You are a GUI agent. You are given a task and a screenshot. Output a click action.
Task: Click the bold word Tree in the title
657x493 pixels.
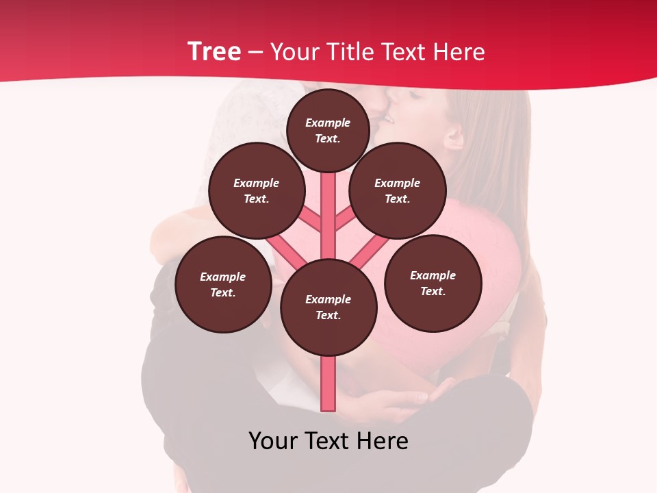tap(214, 51)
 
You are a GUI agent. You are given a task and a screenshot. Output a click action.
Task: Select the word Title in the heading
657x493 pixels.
tap(351, 52)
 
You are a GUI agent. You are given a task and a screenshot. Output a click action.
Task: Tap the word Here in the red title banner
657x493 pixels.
tap(460, 52)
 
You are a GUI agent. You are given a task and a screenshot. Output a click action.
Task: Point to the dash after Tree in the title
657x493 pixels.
tap(255, 53)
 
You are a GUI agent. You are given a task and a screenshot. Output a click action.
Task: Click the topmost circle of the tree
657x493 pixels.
tap(328, 130)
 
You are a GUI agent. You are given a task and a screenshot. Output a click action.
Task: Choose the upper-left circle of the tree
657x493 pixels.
tap(256, 190)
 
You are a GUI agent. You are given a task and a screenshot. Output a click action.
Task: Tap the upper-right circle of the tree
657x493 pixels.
tap(397, 190)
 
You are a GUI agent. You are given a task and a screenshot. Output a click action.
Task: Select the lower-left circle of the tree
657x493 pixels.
tap(222, 284)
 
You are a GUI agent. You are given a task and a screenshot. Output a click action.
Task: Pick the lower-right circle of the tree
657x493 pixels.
tap(433, 283)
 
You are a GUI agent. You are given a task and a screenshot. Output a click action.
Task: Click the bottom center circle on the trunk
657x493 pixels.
tap(328, 307)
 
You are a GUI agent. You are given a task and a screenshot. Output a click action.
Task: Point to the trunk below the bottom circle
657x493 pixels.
tap(328, 383)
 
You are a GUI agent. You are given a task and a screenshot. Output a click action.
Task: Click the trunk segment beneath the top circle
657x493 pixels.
tap(328, 205)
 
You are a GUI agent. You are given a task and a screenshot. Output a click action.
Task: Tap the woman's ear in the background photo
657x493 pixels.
tap(454, 137)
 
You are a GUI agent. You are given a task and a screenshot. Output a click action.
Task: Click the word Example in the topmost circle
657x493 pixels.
tap(328, 123)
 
